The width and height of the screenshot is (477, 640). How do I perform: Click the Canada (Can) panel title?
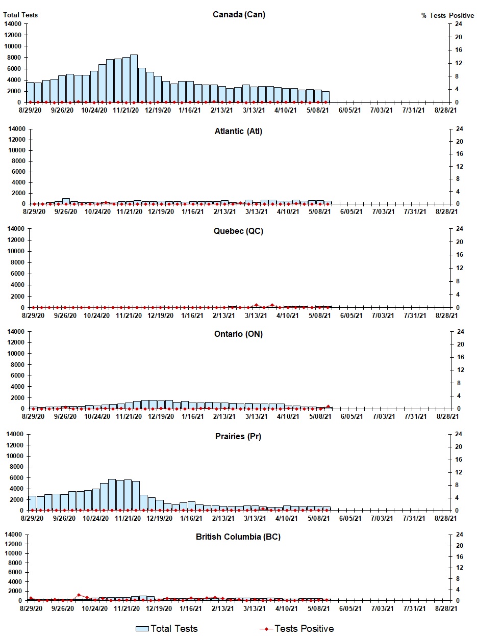click(x=239, y=14)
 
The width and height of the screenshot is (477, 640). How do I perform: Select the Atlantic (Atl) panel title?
click(x=238, y=131)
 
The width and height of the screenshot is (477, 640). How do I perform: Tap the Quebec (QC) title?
click(x=238, y=231)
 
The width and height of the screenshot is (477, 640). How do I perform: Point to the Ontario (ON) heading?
click(x=238, y=334)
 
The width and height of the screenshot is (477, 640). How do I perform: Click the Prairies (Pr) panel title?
click(x=238, y=436)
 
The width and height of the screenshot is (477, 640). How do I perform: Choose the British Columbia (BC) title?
click(x=238, y=537)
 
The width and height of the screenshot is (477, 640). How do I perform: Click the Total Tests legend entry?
click(x=167, y=628)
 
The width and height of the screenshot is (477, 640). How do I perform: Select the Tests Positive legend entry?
click(x=297, y=628)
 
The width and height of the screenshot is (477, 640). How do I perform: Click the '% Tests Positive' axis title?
click(x=447, y=16)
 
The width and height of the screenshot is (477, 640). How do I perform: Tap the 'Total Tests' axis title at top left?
click(x=20, y=15)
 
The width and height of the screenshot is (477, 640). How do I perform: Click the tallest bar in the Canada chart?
click(x=134, y=78)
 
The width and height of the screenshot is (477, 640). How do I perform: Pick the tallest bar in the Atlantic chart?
click(x=66, y=201)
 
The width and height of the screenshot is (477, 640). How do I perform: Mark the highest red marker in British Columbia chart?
click(x=79, y=595)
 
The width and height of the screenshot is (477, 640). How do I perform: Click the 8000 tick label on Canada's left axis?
click(x=14, y=58)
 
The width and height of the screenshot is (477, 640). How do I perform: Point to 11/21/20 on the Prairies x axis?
click(x=128, y=518)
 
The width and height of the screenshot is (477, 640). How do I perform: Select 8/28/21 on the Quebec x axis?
click(x=447, y=315)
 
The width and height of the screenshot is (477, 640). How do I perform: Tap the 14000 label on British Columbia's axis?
click(x=14, y=535)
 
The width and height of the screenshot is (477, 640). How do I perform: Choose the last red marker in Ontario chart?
click(x=328, y=407)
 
